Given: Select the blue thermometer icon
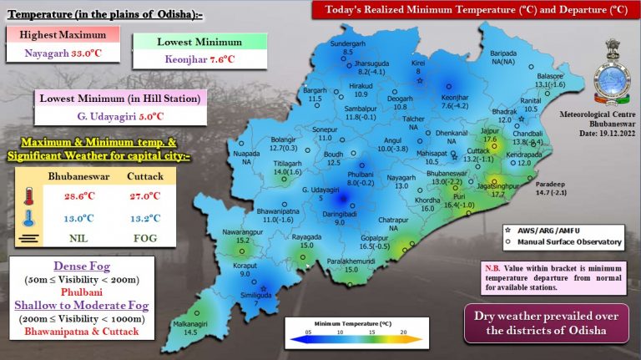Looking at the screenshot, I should click(30, 219).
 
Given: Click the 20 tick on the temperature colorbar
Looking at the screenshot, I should click(403, 332).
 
